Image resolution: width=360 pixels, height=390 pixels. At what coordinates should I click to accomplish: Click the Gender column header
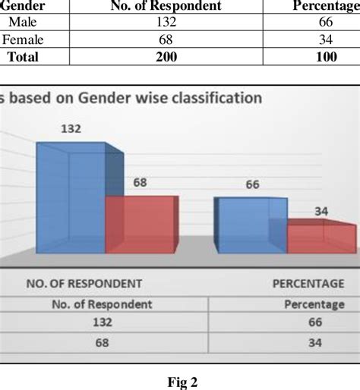22,6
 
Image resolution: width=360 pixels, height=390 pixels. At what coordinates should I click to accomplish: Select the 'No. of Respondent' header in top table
166,6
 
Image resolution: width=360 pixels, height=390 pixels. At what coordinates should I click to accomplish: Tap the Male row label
23,23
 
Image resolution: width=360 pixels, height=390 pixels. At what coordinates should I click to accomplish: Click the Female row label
23,39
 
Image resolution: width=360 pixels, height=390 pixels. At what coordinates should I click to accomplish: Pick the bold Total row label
23,56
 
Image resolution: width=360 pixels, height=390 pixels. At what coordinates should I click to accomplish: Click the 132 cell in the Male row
166,23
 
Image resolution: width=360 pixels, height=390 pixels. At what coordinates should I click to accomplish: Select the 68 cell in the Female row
166,39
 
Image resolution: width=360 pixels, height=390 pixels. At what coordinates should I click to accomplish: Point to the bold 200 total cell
166,56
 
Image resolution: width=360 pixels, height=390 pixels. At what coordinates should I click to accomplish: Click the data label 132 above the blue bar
71,130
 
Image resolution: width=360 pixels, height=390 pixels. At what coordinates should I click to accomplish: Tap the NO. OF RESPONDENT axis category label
84,283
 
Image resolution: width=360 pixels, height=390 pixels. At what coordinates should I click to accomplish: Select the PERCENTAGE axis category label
308,283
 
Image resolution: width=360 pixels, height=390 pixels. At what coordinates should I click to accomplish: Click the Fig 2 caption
180,382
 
